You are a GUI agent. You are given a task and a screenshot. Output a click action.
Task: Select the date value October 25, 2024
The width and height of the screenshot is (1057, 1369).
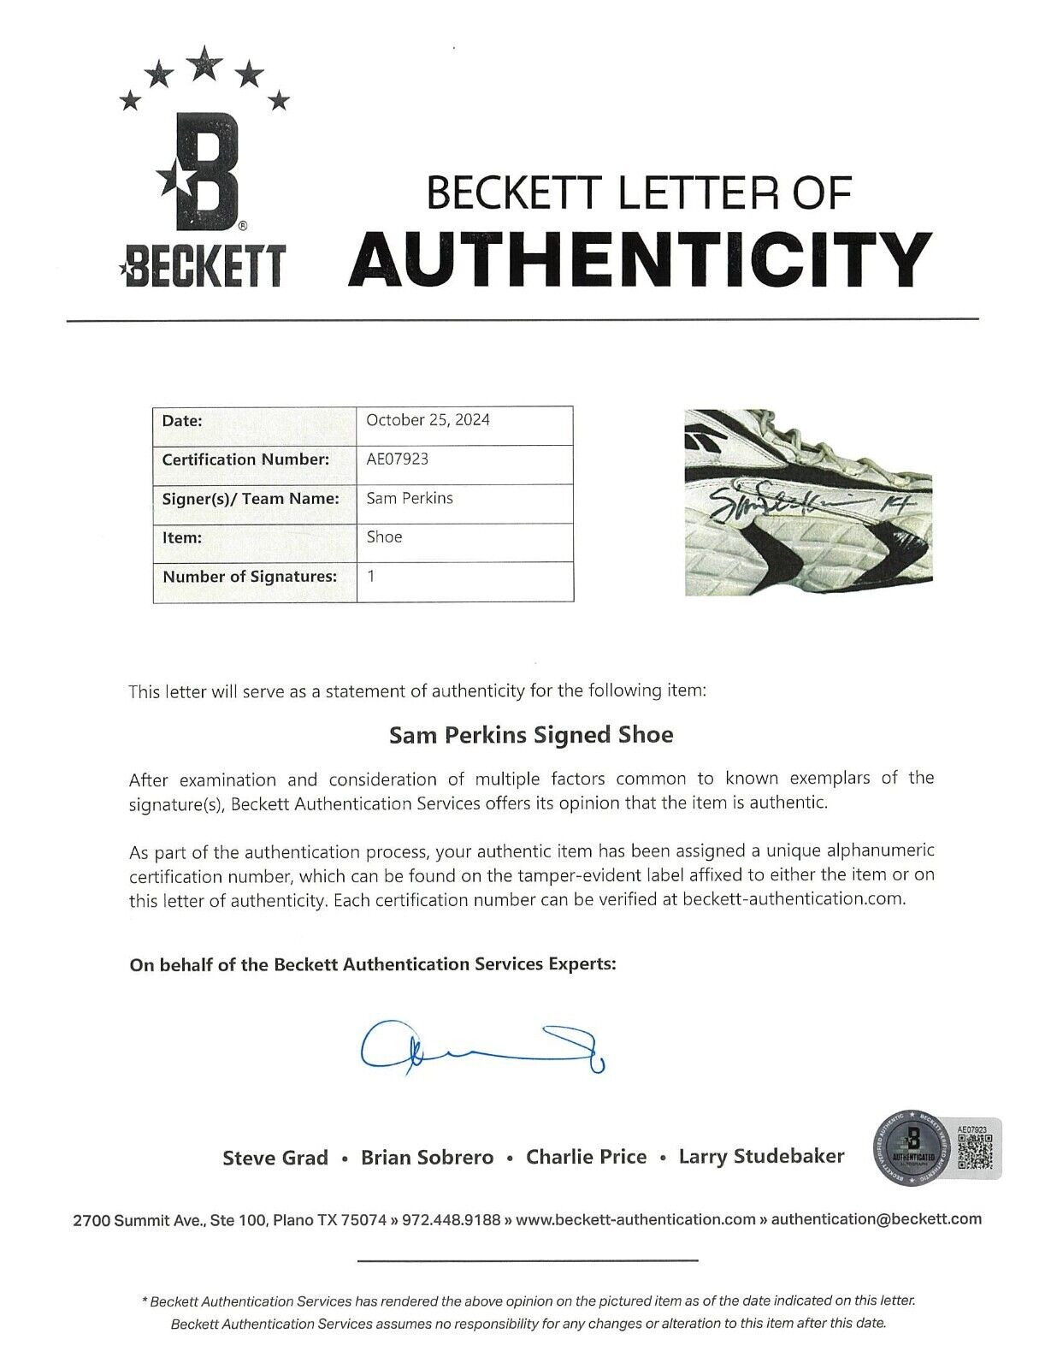428,420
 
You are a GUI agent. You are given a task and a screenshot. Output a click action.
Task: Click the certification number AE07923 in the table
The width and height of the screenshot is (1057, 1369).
397,459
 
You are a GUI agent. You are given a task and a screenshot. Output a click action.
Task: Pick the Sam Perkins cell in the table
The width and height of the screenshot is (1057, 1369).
409,498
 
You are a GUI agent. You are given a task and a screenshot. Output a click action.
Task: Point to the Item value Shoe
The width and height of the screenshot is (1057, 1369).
384,536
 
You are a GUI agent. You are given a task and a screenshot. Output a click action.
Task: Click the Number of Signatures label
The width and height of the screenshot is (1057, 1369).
250,577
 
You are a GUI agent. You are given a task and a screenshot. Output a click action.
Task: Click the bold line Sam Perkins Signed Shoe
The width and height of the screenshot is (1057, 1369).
531,735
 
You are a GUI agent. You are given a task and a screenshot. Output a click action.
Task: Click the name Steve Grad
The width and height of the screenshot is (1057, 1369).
275,1158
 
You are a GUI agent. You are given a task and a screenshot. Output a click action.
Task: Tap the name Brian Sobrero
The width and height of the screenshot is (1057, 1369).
427,1158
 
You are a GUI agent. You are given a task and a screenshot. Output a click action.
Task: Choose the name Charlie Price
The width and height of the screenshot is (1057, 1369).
586,1157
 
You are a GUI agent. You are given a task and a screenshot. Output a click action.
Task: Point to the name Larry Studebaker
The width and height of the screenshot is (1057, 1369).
761,1157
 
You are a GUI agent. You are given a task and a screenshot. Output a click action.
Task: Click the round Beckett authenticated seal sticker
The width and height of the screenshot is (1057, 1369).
912,1149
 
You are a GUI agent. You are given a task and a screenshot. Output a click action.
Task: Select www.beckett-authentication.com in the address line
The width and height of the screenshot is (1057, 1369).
636,1219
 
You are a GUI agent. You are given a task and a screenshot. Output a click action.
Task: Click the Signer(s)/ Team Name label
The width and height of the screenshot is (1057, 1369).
251,498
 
